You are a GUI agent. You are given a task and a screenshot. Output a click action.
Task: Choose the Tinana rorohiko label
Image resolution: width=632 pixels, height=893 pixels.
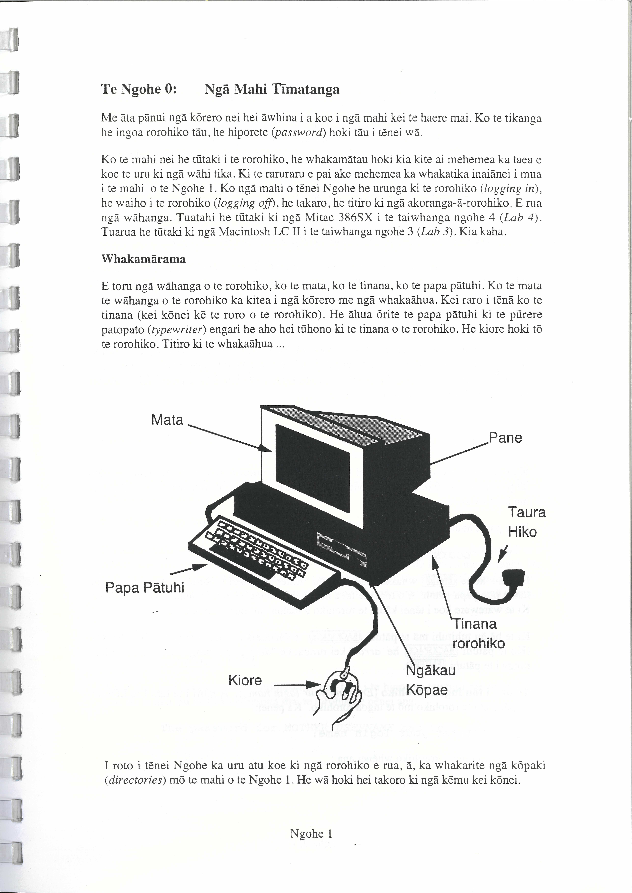[x=478, y=634]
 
